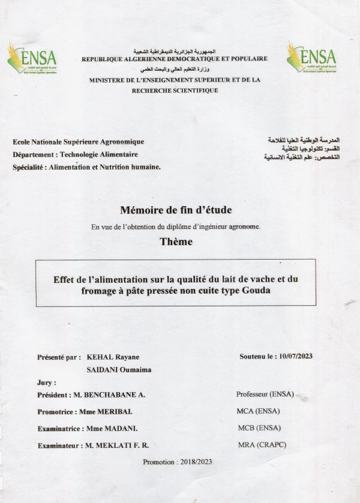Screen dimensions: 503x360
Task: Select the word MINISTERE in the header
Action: click(112, 80)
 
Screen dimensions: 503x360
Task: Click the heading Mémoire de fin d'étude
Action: click(175, 210)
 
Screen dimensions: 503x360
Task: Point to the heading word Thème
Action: click(176, 242)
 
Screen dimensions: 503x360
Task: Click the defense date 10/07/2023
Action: click(296, 356)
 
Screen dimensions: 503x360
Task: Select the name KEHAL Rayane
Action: click(114, 357)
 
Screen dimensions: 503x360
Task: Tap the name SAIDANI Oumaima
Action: click(119, 370)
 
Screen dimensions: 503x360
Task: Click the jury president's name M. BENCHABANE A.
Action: click(107, 395)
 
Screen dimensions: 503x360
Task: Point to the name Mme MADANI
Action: click(112, 429)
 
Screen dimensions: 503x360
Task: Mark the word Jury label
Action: click(46, 382)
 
